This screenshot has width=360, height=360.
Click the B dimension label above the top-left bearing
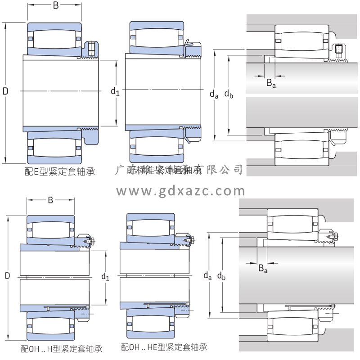pos(55,6)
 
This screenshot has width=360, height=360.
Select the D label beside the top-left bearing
pos(5,91)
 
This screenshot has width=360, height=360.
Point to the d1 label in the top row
pos(115,92)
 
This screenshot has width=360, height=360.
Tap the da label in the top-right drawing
pos(214,94)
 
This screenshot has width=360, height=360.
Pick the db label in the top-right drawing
pos(229,94)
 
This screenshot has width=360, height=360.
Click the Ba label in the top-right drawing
pos(270,83)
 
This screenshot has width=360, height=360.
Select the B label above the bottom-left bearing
pos(50,200)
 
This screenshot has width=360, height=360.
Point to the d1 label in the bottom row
pos(105,276)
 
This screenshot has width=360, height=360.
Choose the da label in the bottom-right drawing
pos(207,275)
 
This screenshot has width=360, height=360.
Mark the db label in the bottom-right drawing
pos(222,275)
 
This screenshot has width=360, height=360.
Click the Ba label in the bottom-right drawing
pos(263,269)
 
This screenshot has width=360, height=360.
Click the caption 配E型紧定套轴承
pos(59,171)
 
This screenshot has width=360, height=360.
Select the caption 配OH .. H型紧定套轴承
pos(62,348)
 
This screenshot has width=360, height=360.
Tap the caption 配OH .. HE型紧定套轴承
pos(164,347)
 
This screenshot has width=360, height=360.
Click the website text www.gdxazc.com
pos(181,191)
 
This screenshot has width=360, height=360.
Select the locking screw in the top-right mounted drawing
pos(339,49)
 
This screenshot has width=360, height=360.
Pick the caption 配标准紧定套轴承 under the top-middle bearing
pos(157,171)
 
